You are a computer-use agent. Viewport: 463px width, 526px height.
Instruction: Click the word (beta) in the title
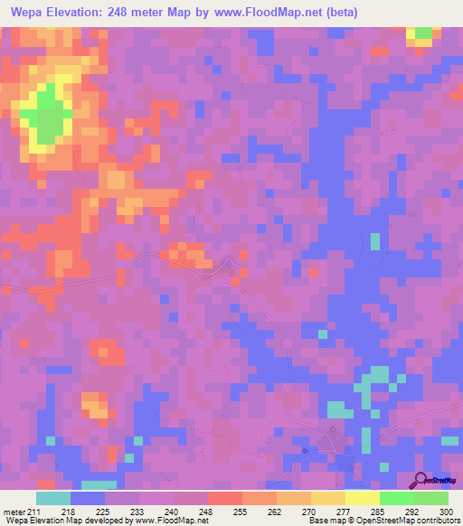pyautogui.click(x=342, y=13)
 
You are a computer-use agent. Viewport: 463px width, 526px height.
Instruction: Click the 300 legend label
pyautogui.click(x=445, y=511)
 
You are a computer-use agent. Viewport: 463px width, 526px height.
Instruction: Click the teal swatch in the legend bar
pyautogui.click(x=53, y=498)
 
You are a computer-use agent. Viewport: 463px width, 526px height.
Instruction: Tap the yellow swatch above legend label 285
pyautogui.click(x=362, y=498)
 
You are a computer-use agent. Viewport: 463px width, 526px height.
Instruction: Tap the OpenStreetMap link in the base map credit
pyautogui.click(x=379, y=521)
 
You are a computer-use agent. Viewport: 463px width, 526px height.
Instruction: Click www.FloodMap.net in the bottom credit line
pyautogui.click(x=171, y=521)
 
